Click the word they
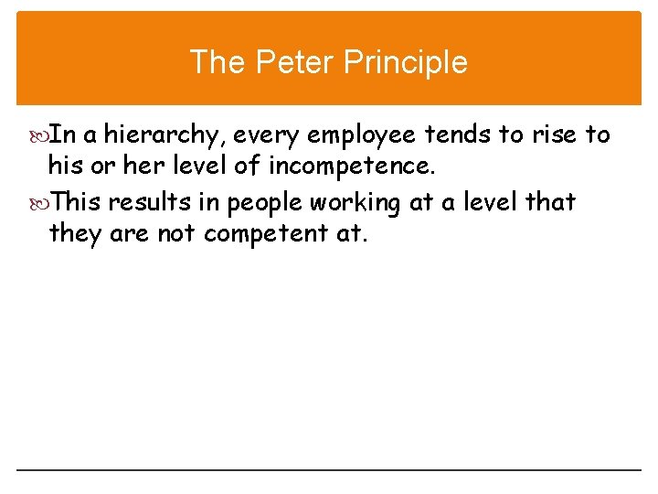coord(76,235)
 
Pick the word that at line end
coord(551,201)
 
